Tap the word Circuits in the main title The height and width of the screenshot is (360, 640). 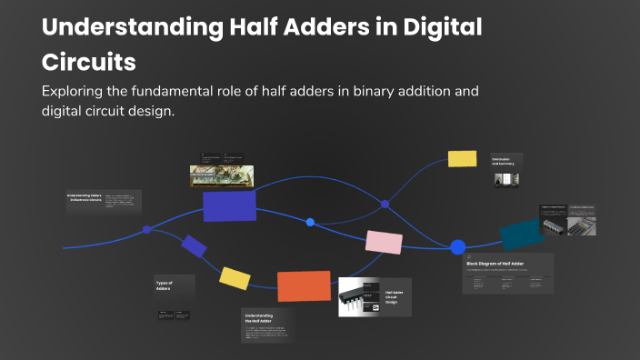[89, 62]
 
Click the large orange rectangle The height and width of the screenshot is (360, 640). [304, 285]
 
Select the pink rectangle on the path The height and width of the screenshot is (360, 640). [384, 241]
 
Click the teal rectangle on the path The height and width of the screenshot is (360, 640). [522, 233]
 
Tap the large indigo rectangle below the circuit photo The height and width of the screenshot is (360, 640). [229, 205]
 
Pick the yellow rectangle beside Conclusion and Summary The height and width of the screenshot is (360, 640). [462, 158]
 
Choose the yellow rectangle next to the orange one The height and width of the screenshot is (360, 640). [235, 278]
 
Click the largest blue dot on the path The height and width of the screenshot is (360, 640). [458, 246]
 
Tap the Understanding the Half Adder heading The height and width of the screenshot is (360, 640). [259, 319]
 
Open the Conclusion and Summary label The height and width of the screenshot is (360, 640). [504, 161]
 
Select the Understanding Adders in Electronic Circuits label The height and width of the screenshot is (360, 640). [85, 197]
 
